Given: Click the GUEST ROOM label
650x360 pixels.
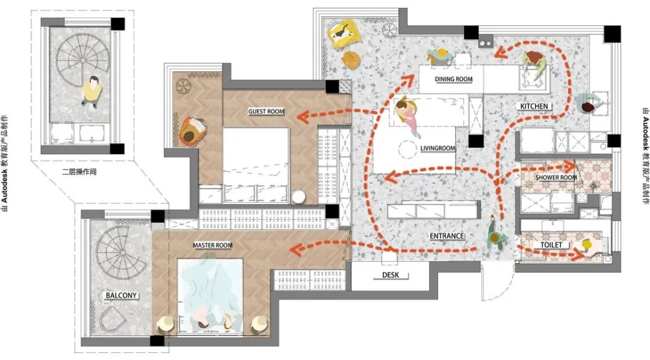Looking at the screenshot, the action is pos(266,111).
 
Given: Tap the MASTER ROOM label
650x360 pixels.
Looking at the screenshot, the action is pos(213,245).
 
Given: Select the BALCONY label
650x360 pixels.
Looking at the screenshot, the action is pos(121,296).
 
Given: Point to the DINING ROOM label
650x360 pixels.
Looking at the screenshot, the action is pos(454,79).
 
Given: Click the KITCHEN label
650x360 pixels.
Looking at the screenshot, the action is pos(534,107).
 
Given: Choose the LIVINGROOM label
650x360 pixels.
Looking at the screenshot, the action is pos(437,148).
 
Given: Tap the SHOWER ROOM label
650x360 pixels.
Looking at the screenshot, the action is pos(556,177).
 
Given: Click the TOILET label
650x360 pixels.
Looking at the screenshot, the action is pos(551,245).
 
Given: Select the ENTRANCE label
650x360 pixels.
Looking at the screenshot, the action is pos(447,236).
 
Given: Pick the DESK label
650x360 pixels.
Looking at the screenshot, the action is pos(391,275).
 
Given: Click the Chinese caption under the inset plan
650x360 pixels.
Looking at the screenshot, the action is pos(79,172).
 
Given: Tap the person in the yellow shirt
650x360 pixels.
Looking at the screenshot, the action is pos(92,92).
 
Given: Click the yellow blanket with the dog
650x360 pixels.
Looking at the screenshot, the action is pos(344,32).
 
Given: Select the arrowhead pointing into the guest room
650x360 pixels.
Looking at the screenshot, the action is pos(303,117).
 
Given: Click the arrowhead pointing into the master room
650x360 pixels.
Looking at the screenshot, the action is pos(296,250).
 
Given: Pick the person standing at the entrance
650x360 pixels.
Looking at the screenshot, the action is pos(496,235).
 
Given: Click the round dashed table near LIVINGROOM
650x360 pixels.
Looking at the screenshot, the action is pos(408,149).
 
